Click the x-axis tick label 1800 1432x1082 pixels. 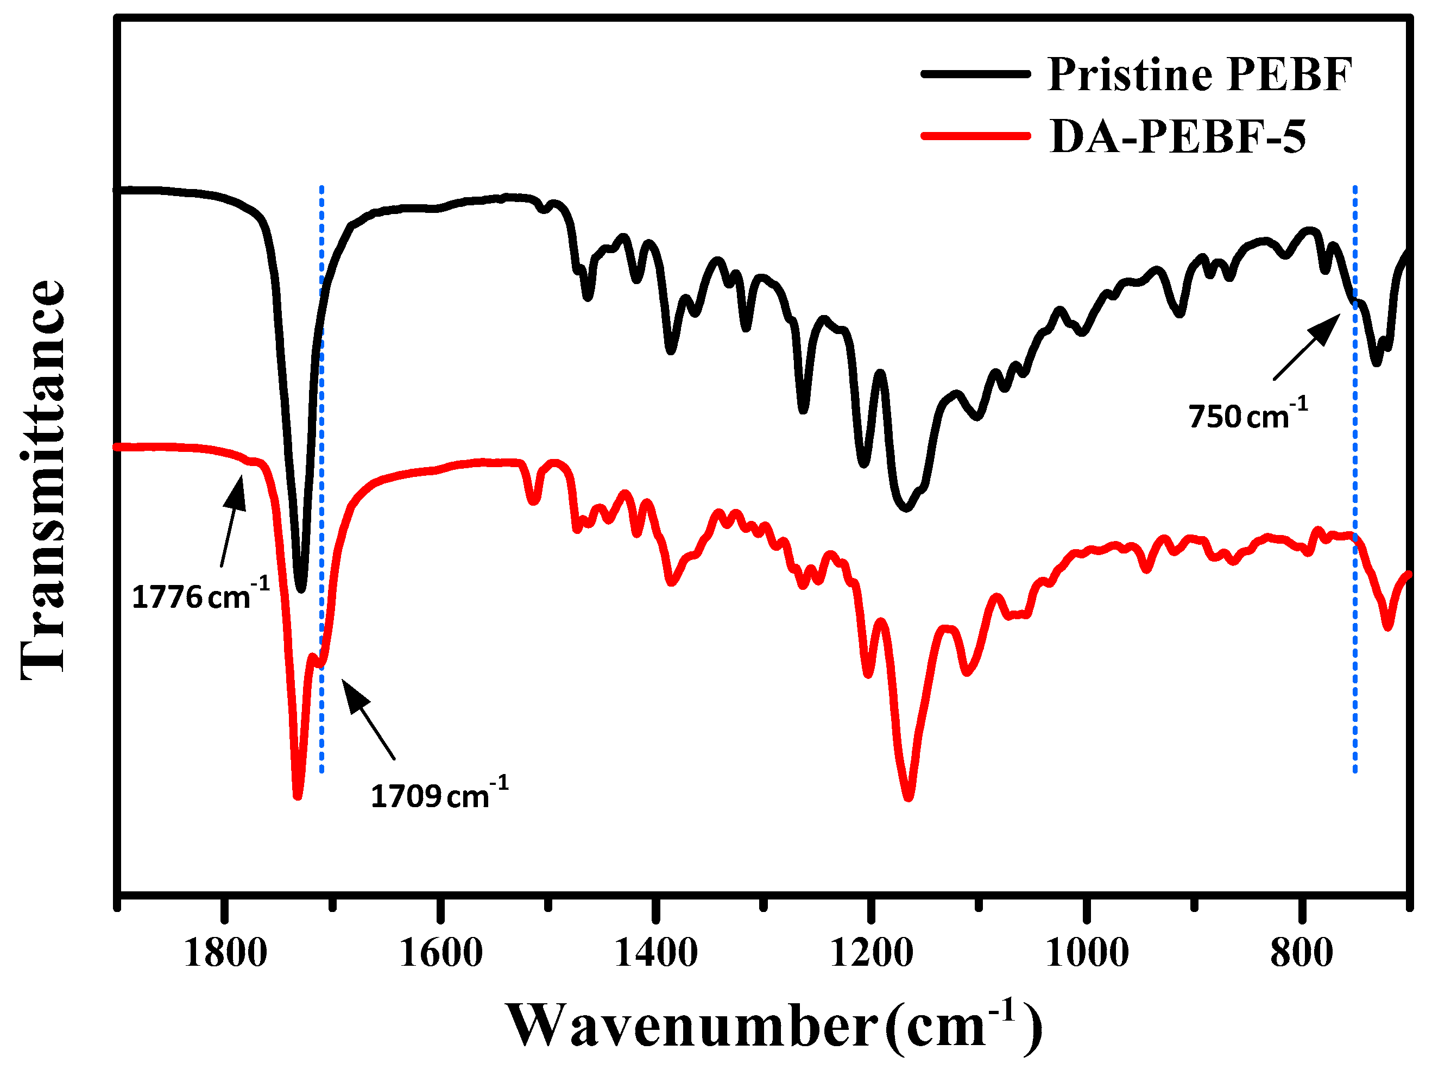[225, 953]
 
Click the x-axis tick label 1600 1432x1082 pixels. [441, 953]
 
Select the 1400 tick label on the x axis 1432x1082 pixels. [657, 953]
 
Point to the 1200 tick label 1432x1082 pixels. [872, 953]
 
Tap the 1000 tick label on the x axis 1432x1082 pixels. [1087, 953]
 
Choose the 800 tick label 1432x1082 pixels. [1302, 953]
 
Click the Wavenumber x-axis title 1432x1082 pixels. [774, 1026]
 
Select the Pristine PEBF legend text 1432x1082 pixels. [1200, 74]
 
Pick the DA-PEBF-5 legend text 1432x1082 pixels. [1177, 137]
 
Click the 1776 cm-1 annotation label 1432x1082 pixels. [200, 595]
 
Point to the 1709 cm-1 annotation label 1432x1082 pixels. [439, 795]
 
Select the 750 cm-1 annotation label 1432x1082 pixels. [1247, 415]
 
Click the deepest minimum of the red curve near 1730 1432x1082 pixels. [298, 796]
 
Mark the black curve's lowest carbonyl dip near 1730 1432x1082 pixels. [300, 589]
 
